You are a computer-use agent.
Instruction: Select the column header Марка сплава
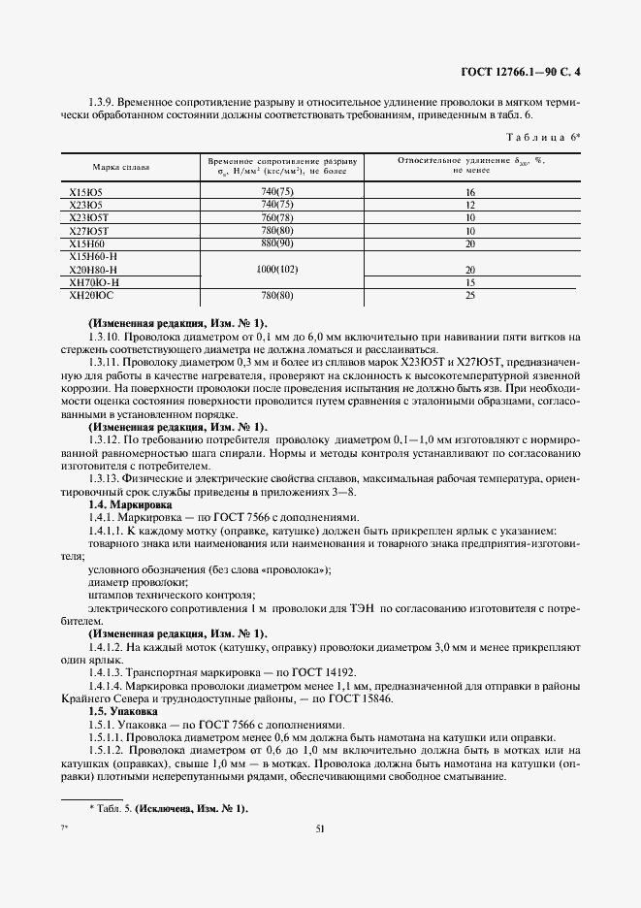pos(121,167)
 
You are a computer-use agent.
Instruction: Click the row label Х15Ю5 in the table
pos(86,193)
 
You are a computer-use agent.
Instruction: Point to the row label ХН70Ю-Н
pos(94,281)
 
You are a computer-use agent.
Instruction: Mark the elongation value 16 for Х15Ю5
pos(469,193)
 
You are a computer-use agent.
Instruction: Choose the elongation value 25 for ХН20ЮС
pos(469,294)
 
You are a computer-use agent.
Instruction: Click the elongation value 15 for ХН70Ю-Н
pos(469,281)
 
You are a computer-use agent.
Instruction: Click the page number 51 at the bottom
pos(320,828)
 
